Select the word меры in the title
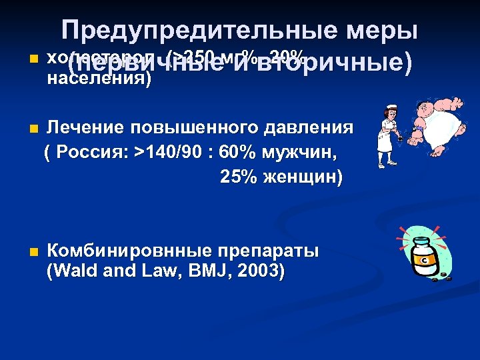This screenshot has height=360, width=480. coord(387,31)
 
